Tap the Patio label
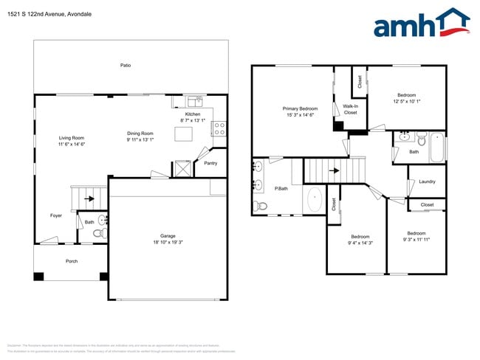pyautogui.click(x=126, y=66)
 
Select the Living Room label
pyautogui.click(x=72, y=138)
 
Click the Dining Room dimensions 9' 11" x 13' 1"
pyautogui.click(x=140, y=139)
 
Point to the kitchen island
pyautogui.click(x=184, y=134)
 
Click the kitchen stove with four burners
pyautogui.click(x=219, y=129)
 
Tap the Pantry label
pyautogui.click(x=210, y=164)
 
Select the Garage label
pyautogui.click(x=168, y=236)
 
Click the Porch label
pyautogui.click(x=72, y=261)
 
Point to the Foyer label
pyautogui.click(x=56, y=215)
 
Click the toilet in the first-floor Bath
pyautogui.click(x=98, y=233)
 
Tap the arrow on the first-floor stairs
pyautogui.click(x=90, y=198)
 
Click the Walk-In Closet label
pyautogui.click(x=350, y=109)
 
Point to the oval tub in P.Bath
pyautogui.click(x=314, y=199)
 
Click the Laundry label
pyautogui.click(x=427, y=181)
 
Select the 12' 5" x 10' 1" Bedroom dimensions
pyautogui.click(x=407, y=101)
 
